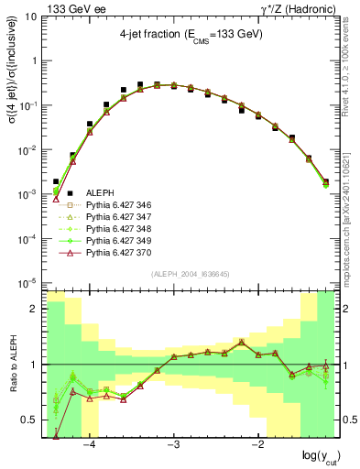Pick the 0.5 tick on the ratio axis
click(x=31, y=420)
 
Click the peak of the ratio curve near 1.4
click(x=242, y=342)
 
